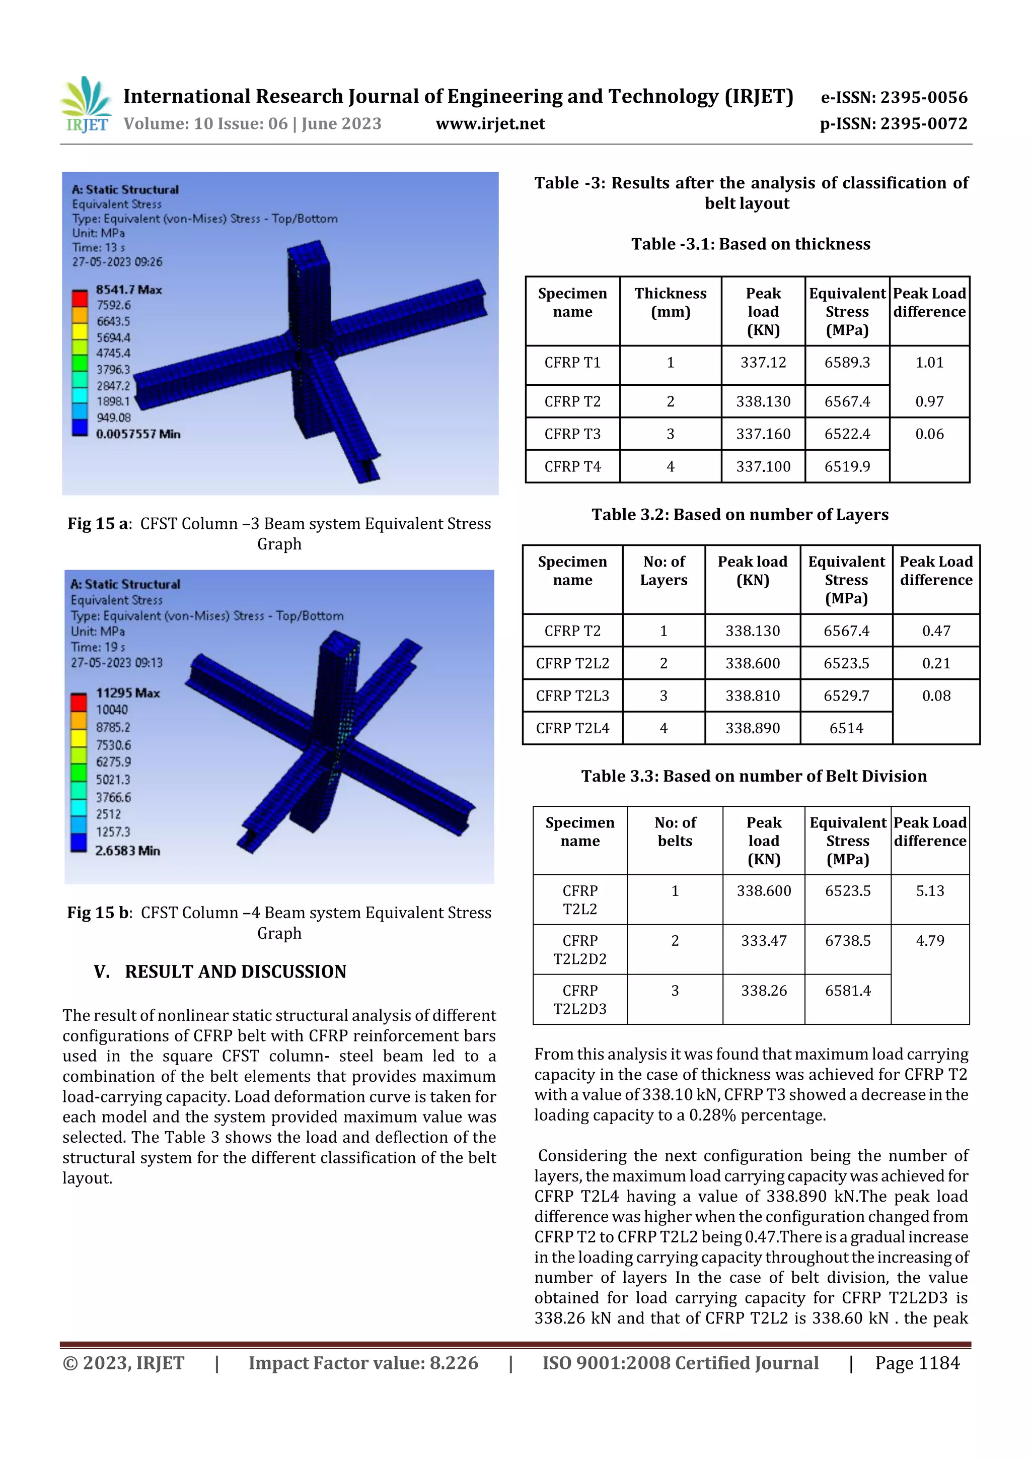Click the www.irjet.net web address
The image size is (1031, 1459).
point(490,123)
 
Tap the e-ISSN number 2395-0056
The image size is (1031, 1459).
point(894,97)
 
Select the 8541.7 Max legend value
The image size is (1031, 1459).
point(129,290)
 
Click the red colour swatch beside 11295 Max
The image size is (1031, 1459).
point(79,702)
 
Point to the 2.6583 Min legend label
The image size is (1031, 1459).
point(128,850)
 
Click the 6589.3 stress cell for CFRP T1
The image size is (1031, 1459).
point(847,363)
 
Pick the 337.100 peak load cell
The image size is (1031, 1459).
point(763,466)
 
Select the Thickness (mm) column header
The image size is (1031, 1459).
point(670,303)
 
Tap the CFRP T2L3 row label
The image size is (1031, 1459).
point(572,696)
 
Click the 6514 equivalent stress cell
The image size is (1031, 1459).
point(846,728)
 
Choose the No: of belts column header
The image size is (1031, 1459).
point(675,832)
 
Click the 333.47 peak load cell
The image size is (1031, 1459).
point(764,940)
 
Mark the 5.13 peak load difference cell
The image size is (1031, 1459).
point(929,891)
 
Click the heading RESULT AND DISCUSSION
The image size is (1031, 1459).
point(235,971)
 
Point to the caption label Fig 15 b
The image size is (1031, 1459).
point(99,913)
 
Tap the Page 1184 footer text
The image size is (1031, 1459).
point(917,1362)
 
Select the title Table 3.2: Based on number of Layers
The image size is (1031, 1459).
point(740,515)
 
